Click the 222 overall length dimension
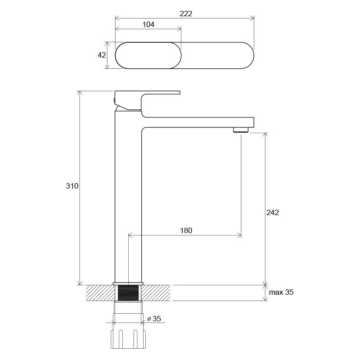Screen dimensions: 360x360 click(x=186, y=14)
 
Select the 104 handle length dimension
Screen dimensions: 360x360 click(x=148, y=24)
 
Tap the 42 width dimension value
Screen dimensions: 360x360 click(x=102, y=55)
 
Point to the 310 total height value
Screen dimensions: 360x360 click(x=72, y=186)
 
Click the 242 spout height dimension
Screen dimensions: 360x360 click(x=273, y=212)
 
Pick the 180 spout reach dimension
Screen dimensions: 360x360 click(x=186, y=230)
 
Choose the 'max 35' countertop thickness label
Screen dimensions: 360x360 click(x=281, y=292)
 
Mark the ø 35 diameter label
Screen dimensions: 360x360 click(x=154, y=319)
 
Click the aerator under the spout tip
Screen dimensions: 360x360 click(x=241, y=130)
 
